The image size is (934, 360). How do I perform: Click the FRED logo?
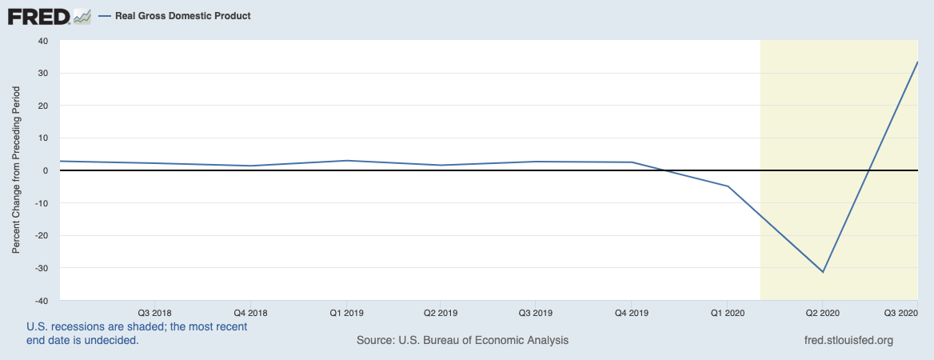tap(49, 16)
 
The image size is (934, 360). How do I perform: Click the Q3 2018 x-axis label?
tap(155, 312)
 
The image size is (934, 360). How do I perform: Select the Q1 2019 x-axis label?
tap(345, 312)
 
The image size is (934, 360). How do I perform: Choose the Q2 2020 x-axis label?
tap(822, 312)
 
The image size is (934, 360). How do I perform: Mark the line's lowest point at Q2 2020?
tap(823, 272)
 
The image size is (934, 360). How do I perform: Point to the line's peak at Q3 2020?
tap(916, 62)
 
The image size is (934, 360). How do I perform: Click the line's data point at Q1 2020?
tap(728, 186)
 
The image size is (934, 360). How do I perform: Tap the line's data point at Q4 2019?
tap(632, 162)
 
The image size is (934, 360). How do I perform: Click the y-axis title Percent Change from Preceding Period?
tap(17, 170)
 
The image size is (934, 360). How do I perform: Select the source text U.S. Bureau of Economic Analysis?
tap(463, 340)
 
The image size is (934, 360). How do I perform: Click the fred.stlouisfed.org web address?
tap(848, 340)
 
